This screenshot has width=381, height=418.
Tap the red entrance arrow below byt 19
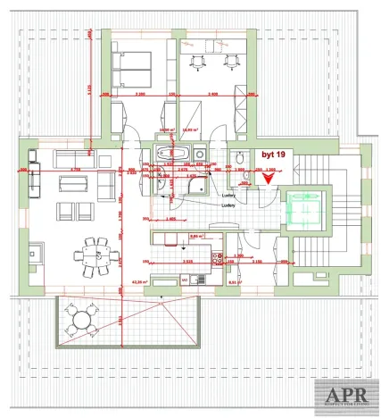[269, 177]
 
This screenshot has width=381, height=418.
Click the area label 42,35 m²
[139, 280]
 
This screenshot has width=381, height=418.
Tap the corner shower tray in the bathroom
[156, 186]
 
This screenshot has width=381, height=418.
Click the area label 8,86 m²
[198, 236]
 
